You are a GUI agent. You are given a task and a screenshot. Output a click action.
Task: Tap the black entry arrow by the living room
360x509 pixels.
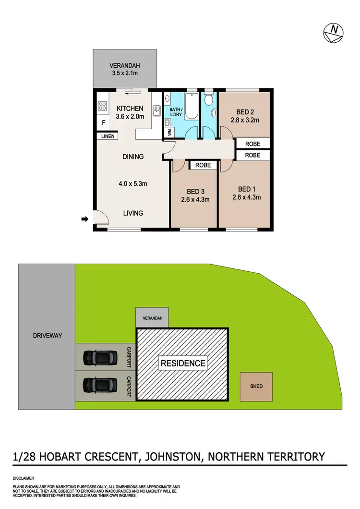(x=84, y=219)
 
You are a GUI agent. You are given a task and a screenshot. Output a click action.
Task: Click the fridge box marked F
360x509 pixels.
(x=102, y=123)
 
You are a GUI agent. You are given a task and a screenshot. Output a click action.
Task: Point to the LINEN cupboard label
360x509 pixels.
(x=108, y=136)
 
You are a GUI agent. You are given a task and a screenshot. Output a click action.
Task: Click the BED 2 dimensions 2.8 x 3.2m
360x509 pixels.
(x=245, y=120)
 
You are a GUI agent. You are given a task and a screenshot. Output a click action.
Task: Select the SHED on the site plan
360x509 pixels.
(x=256, y=386)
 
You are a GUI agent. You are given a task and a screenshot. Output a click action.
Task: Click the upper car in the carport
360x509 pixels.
(x=100, y=357)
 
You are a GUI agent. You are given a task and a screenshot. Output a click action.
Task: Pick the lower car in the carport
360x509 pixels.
(x=100, y=384)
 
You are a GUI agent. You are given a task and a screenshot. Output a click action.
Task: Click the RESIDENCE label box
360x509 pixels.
(x=183, y=363)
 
